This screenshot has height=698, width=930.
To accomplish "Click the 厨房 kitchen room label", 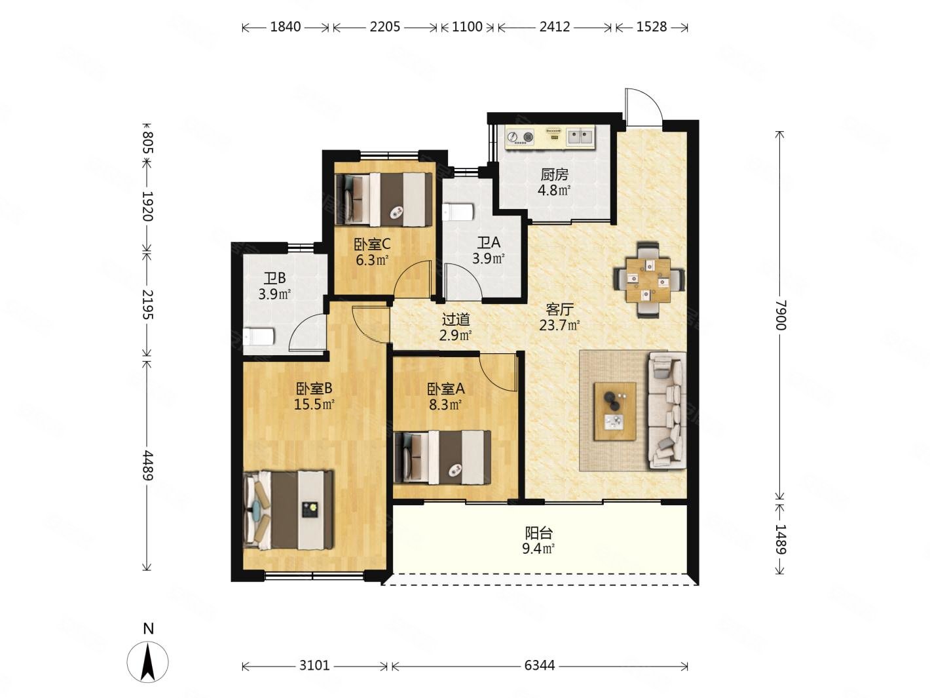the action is point(554,174).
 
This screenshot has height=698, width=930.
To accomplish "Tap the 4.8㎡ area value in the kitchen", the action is point(554,190).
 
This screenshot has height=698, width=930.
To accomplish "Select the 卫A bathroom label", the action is point(489,242).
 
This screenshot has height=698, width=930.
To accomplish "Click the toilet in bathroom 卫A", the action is point(458,212).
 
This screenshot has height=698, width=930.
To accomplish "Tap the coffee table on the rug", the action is point(614,412).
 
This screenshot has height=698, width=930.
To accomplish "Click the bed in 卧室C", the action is point(383,199).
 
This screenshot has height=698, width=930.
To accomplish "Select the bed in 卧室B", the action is point(288,509).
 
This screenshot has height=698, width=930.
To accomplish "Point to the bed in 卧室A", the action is point(442,457).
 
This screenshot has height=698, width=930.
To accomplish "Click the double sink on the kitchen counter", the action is point(580,136).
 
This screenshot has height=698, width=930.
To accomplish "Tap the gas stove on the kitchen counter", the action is point(520,138).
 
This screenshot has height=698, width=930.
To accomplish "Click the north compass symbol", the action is point(148,661).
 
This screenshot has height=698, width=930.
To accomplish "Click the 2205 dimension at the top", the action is point(384,27).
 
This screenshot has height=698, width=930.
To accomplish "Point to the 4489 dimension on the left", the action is point(147,465).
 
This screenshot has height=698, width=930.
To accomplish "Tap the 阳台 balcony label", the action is point(538,533).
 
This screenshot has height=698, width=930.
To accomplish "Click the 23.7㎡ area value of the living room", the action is point(559,326).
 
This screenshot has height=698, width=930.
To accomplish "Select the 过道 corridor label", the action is point(456,319).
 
